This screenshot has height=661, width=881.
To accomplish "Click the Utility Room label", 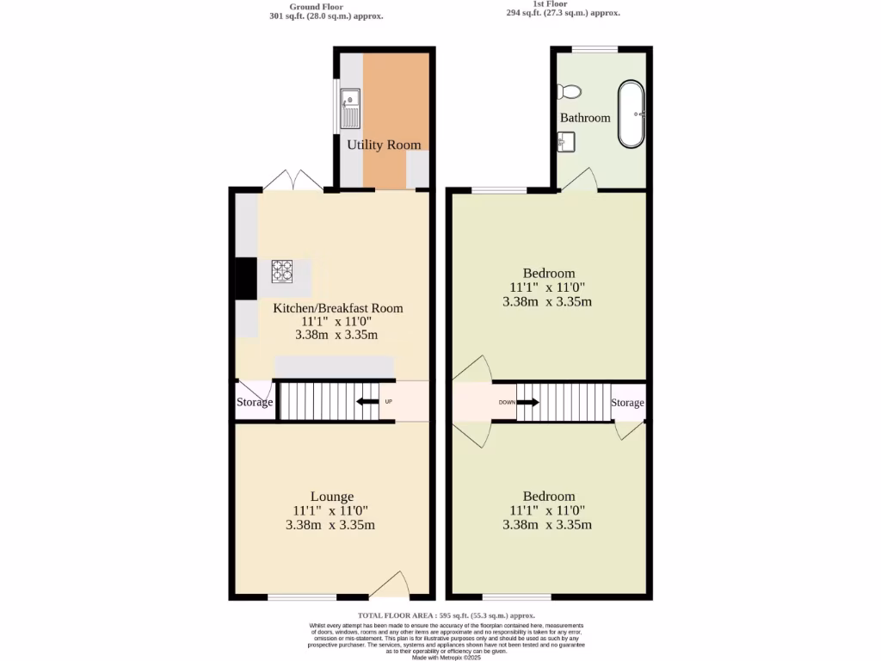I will (384, 145).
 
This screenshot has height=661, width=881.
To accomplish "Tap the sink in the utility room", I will (351, 107).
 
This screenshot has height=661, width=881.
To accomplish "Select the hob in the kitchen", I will (282, 271).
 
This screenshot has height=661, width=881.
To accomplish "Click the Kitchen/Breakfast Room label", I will (337, 308).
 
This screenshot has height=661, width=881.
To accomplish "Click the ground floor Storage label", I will (255, 402).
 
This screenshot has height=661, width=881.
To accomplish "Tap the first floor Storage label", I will (627, 403).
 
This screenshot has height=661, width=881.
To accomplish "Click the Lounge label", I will (332, 497).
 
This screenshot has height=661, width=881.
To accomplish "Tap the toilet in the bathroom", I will (570, 90).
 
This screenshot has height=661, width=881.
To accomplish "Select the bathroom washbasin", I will (566, 141).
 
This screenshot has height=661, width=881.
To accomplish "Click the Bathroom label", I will (585, 118).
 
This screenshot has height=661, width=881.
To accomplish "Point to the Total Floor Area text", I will (446, 615).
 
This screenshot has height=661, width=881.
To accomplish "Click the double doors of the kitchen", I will (293, 181).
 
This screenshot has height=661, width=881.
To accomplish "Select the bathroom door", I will (579, 179).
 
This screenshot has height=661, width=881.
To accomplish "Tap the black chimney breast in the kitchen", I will (246, 278).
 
